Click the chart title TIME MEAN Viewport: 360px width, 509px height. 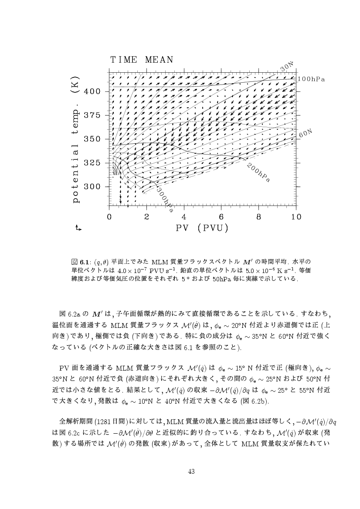142,60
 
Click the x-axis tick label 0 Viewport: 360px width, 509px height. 109,216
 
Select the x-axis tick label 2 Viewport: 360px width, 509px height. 146,216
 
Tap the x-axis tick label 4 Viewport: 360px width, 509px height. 184,216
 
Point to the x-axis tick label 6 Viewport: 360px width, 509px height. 221,216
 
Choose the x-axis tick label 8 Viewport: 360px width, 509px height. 259,216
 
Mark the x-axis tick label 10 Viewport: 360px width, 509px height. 296,216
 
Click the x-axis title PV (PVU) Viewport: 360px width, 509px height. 203,228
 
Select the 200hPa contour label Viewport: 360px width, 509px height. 258,173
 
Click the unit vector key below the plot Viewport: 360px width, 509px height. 78,227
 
